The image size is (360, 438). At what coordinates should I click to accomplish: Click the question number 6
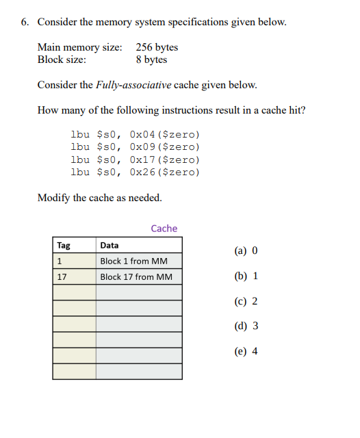click(x=24, y=22)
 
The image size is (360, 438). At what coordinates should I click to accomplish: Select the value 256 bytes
click(x=157, y=47)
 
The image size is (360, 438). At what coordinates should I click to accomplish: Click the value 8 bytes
click(x=151, y=60)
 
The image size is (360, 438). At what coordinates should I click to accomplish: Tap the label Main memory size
click(x=79, y=47)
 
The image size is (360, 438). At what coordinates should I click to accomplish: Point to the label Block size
click(x=62, y=60)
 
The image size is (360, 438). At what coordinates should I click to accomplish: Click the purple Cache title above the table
click(x=164, y=229)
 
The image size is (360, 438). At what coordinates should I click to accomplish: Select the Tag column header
click(x=64, y=245)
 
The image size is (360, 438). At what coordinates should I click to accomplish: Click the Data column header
click(x=110, y=245)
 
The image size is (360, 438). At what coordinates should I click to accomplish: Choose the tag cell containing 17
click(x=62, y=276)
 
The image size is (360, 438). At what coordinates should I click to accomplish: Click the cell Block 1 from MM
click(x=133, y=261)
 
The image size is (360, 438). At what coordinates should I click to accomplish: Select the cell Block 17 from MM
click(x=136, y=276)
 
